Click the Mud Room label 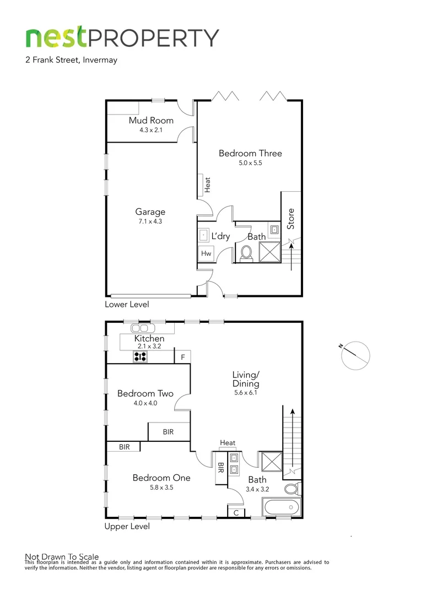tap(151, 120)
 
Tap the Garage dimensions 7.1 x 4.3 tap(150, 221)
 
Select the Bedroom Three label tap(250, 153)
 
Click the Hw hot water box tap(206, 253)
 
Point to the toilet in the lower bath tap(246, 253)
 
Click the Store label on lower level tap(291, 219)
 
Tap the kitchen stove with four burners tap(140, 356)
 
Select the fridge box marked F tap(182, 357)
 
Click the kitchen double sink tap(140, 328)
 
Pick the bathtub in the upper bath tap(281, 507)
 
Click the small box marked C tap(236, 513)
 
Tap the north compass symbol tap(355, 355)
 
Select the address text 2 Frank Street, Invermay tap(71, 61)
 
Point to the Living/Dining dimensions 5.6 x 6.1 tap(245, 393)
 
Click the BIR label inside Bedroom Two tap(168, 432)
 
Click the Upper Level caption tap(127, 527)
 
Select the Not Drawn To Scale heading tap(62, 556)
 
